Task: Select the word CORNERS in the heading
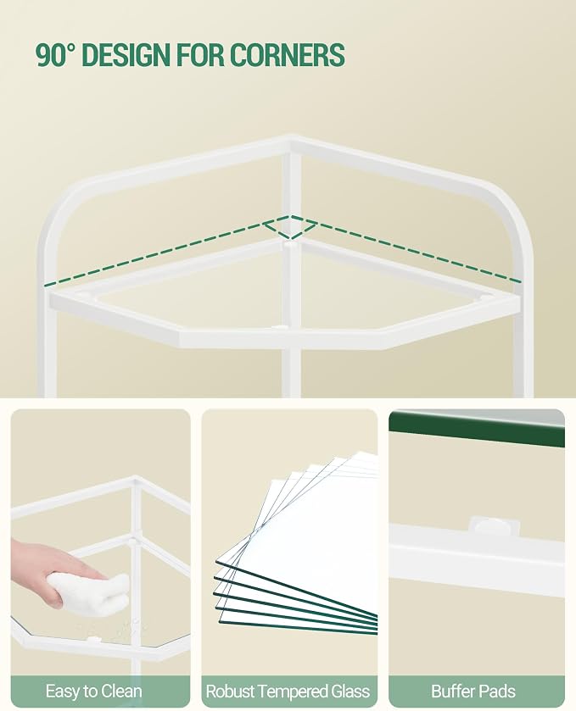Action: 287,55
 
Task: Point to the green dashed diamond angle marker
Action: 290,227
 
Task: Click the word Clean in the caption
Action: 121,691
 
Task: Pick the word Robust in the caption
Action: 232,691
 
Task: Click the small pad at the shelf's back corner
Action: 288,245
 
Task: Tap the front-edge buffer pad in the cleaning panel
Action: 94,639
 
